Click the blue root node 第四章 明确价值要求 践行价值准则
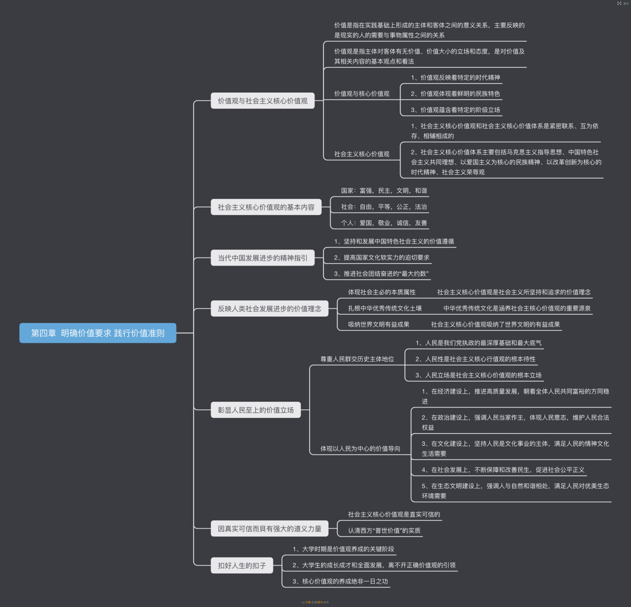(x=98, y=333)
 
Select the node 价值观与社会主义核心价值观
(x=262, y=101)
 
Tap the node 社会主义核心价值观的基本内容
(x=266, y=207)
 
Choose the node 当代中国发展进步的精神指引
(x=262, y=258)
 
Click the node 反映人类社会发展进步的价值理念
(x=269, y=309)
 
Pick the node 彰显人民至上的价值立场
(x=256, y=410)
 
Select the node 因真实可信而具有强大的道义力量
(x=269, y=528)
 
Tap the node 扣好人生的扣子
(x=242, y=565)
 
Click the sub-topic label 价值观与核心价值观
(x=361, y=94)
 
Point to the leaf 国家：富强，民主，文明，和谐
(x=384, y=191)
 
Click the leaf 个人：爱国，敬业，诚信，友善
(x=384, y=223)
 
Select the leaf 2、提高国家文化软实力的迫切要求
(x=381, y=258)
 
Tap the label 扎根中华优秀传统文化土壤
(x=385, y=308)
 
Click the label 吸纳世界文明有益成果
(x=379, y=324)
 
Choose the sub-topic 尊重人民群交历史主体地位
(x=357, y=359)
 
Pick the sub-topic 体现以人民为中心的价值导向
(x=360, y=449)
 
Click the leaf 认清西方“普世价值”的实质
(x=384, y=531)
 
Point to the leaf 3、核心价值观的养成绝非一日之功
(x=340, y=581)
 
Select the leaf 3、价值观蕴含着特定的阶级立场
(x=455, y=110)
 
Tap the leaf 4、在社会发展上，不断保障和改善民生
(x=503, y=470)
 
